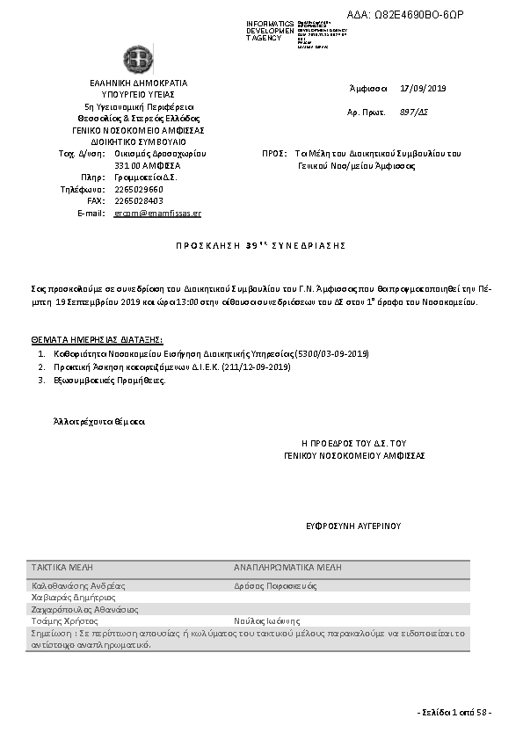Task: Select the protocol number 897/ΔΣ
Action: (x=413, y=112)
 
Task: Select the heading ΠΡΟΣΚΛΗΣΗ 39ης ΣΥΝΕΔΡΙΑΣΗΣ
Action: (x=260, y=244)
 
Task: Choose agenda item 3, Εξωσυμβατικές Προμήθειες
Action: (x=108, y=381)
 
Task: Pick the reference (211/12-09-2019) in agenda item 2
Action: (x=256, y=366)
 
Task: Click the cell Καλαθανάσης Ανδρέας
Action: (x=78, y=585)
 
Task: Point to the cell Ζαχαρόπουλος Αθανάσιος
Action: (x=84, y=608)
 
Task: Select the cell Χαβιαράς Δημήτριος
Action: (x=73, y=597)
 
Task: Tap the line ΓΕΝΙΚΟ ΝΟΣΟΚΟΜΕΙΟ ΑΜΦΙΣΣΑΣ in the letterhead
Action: (x=138, y=129)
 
